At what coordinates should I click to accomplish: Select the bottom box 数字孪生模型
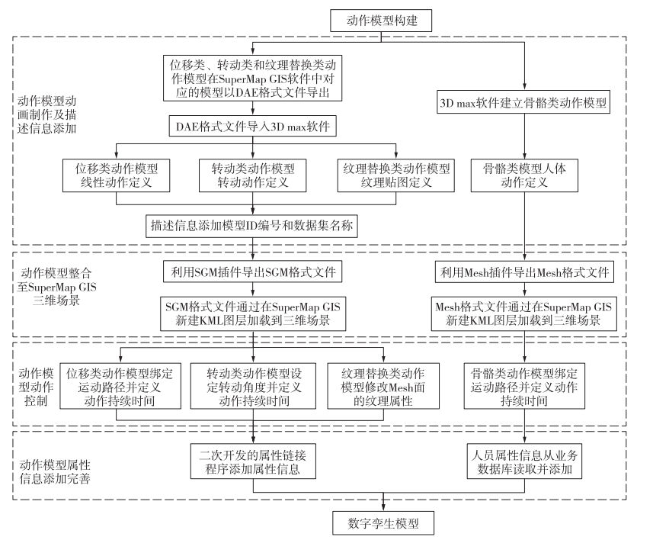pyautogui.click(x=383, y=524)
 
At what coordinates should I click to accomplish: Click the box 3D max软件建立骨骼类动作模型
pyautogui.click(x=525, y=100)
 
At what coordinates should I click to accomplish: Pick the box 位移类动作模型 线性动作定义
pyautogui.click(x=117, y=175)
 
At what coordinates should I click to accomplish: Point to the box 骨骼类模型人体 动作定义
pyautogui.click(x=525, y=175)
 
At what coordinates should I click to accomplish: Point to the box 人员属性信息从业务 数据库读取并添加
pyautogui.click(x=525, y=462)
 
